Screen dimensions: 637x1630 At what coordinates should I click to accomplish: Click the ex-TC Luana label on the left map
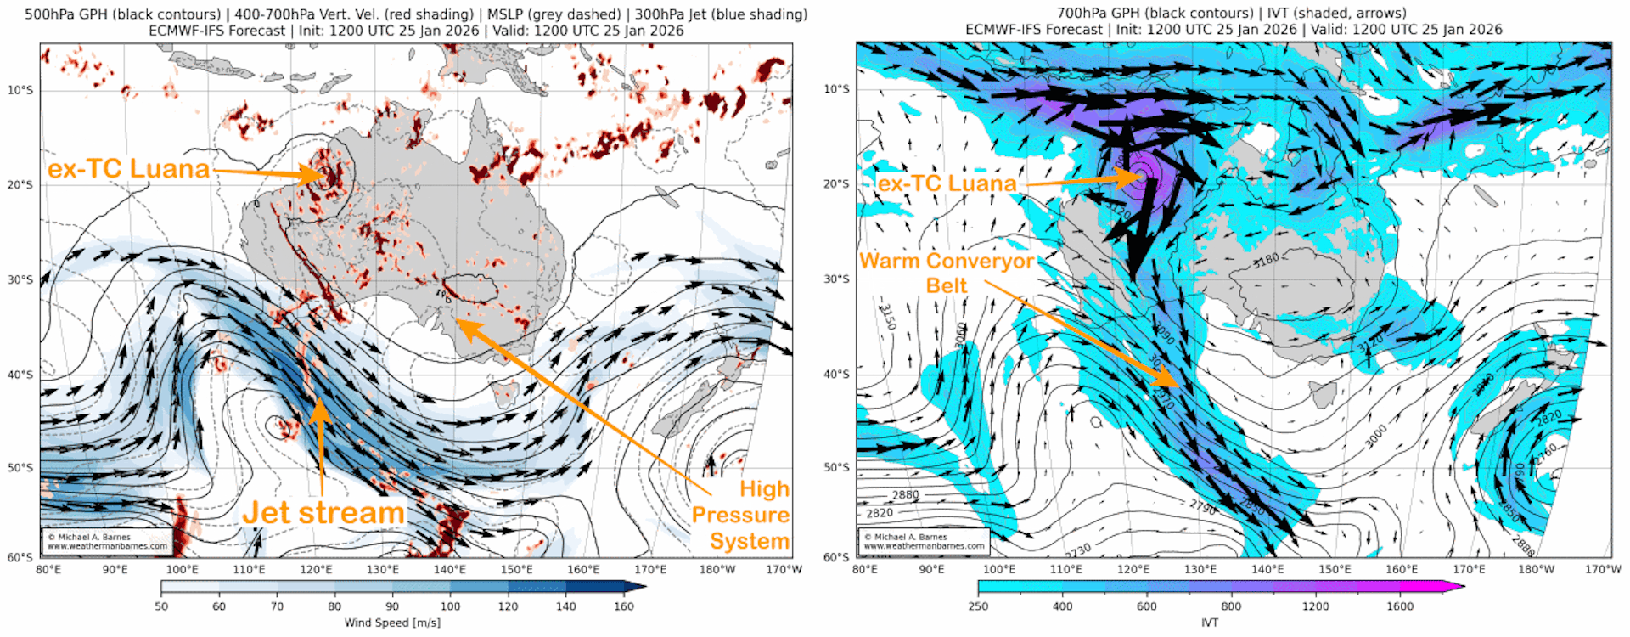[x=128, y=169]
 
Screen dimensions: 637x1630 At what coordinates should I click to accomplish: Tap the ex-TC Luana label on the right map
[x=947, y=183]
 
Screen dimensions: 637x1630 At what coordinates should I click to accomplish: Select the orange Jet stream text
[x=323, y=513]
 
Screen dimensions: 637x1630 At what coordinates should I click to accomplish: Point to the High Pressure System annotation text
[x=741, y=515]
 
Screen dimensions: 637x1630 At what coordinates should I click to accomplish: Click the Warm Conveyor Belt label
[x=947, y=273]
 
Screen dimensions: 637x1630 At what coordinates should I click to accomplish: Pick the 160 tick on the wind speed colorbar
[x=624, y=606]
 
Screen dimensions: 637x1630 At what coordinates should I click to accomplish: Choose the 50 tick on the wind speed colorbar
[x=161, y=606]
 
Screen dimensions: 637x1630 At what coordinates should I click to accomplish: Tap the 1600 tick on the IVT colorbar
[x=1400, y=606]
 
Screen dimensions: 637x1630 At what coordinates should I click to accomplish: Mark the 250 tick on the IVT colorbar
[x=978, y=606]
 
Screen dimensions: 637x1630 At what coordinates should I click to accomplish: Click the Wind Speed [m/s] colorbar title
[x=392, y=623]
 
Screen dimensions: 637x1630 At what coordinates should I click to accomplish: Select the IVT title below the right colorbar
[x=1210, y=623]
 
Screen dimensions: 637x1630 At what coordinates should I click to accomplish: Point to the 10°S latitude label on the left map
[x=20, y=90]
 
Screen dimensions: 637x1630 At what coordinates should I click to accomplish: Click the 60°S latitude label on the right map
[x=836, y=557]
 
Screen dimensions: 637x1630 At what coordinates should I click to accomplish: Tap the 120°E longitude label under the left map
[x=316, y=569]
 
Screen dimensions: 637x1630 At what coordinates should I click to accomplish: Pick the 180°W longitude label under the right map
[x=1536, y=569]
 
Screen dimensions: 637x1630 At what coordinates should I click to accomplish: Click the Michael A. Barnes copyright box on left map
[x=107, y=541]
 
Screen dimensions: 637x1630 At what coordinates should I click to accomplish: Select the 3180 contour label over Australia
[x=1265, y=259]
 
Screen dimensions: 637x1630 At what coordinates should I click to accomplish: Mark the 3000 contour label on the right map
[x=1375, y=437]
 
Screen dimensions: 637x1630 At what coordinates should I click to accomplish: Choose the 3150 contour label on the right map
[x=887, y=317]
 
